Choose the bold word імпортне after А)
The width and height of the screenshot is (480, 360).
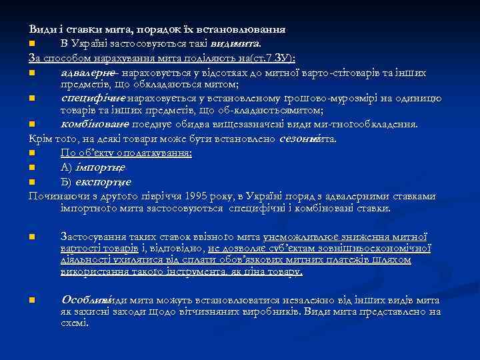pyautogui.click(x=104, y=167)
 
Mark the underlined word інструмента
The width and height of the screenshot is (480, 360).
pyautogui.click(x=195, y=272)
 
